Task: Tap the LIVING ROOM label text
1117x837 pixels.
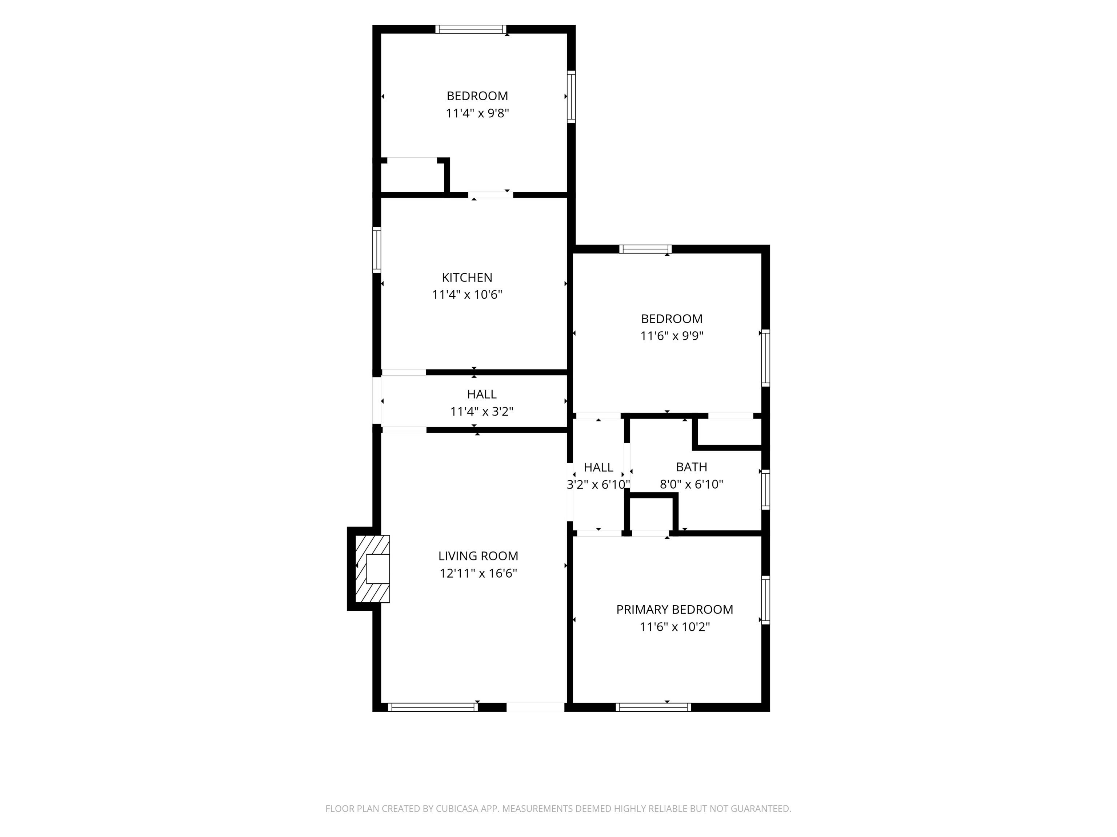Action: (478, 556)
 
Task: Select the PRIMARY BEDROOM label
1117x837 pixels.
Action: (674, 610)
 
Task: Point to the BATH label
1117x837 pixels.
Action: (691, 467)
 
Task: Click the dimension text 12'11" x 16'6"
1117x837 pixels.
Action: (478, 573)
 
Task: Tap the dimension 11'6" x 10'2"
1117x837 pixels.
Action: (674, 627)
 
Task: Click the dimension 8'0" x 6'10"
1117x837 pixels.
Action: (691, 484)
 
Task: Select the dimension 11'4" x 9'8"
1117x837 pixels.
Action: (477, 113)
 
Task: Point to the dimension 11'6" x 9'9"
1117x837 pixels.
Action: (672, 336)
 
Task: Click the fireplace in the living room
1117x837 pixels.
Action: (373, 569)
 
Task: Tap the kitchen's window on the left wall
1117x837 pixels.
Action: (377, 250)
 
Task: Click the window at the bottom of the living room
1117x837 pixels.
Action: (433, 707)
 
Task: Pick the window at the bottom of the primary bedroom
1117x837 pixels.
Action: (653, 707)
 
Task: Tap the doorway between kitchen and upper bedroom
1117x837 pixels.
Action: (491, 195)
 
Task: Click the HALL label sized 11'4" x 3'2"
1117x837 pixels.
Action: (481, 394)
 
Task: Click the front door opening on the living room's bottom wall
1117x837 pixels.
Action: (535, 707)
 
